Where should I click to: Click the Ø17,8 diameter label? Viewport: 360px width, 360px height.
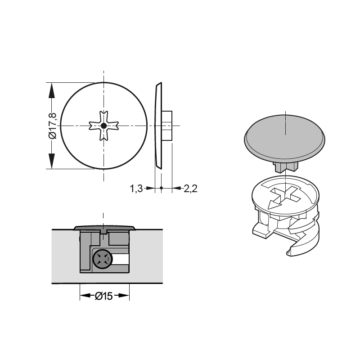coord(52,126)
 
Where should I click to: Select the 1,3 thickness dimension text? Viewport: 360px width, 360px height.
coord(136,189)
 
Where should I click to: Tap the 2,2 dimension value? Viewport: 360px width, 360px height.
coord(190,189)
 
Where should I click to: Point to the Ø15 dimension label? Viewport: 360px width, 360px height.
coord(104,296)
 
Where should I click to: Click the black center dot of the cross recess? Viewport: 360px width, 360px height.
coord(104,126)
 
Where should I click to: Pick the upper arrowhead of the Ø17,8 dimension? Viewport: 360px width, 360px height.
coord(52,91)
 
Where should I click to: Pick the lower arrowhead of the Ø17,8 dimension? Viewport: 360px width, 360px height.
coord(52,161)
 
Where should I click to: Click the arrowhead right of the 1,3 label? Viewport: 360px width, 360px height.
coord(150,188)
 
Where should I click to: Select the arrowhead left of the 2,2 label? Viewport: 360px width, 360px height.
coord(176,188)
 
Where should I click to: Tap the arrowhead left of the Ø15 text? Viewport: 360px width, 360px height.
coord(85,295)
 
